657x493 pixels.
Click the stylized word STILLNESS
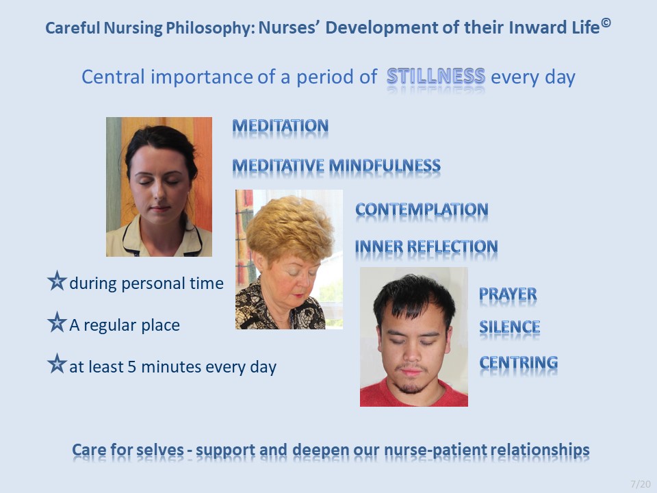pos(436,76)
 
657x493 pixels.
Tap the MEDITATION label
pos(281,126)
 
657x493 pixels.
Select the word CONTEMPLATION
pos(422,210)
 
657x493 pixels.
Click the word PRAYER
pos(508,294)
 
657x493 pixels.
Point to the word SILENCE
pos(509,327)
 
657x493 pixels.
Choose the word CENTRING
pos(518,363)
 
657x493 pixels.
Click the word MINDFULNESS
pos(385,166)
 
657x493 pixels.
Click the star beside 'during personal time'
pos(57,281)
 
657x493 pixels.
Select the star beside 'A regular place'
pos(57,322)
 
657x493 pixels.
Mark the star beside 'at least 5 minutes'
pos(57,364)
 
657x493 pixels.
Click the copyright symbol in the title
pos(606,23)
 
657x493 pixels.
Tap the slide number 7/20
pos(641,484)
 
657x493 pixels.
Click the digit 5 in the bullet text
pos(132,367)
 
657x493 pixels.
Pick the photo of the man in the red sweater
pos(414,337)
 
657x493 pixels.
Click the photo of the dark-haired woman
pos(159,187)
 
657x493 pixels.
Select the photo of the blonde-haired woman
pos(289,260)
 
